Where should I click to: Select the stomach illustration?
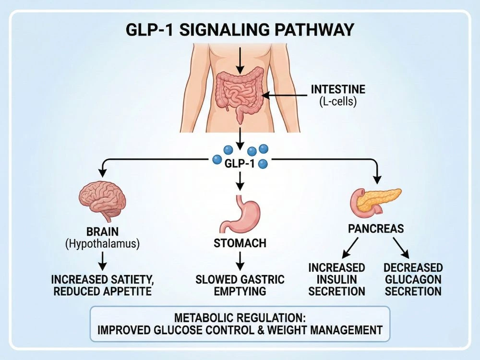(x=240, y=213)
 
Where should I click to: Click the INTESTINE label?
(x=338, y=89)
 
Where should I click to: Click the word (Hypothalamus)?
(x=102, y=244)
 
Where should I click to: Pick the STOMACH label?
(x=240, y=243)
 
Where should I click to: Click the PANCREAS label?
(x=376, y=229)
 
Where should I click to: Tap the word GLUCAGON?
(x=413, y=279)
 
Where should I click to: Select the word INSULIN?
(x=337, y=279)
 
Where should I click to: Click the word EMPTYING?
(x=240, y=291)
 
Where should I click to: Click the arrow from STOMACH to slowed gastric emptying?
(x=240, y=261)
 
